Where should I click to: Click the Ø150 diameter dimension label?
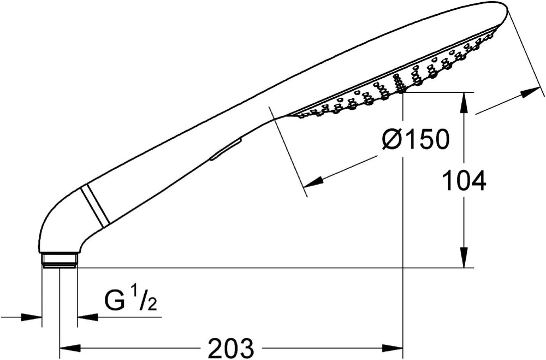[415, 139]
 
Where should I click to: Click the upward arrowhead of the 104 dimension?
[464, 103]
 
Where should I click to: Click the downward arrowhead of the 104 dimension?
[464, 257]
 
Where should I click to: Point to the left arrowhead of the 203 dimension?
[70, 348]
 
